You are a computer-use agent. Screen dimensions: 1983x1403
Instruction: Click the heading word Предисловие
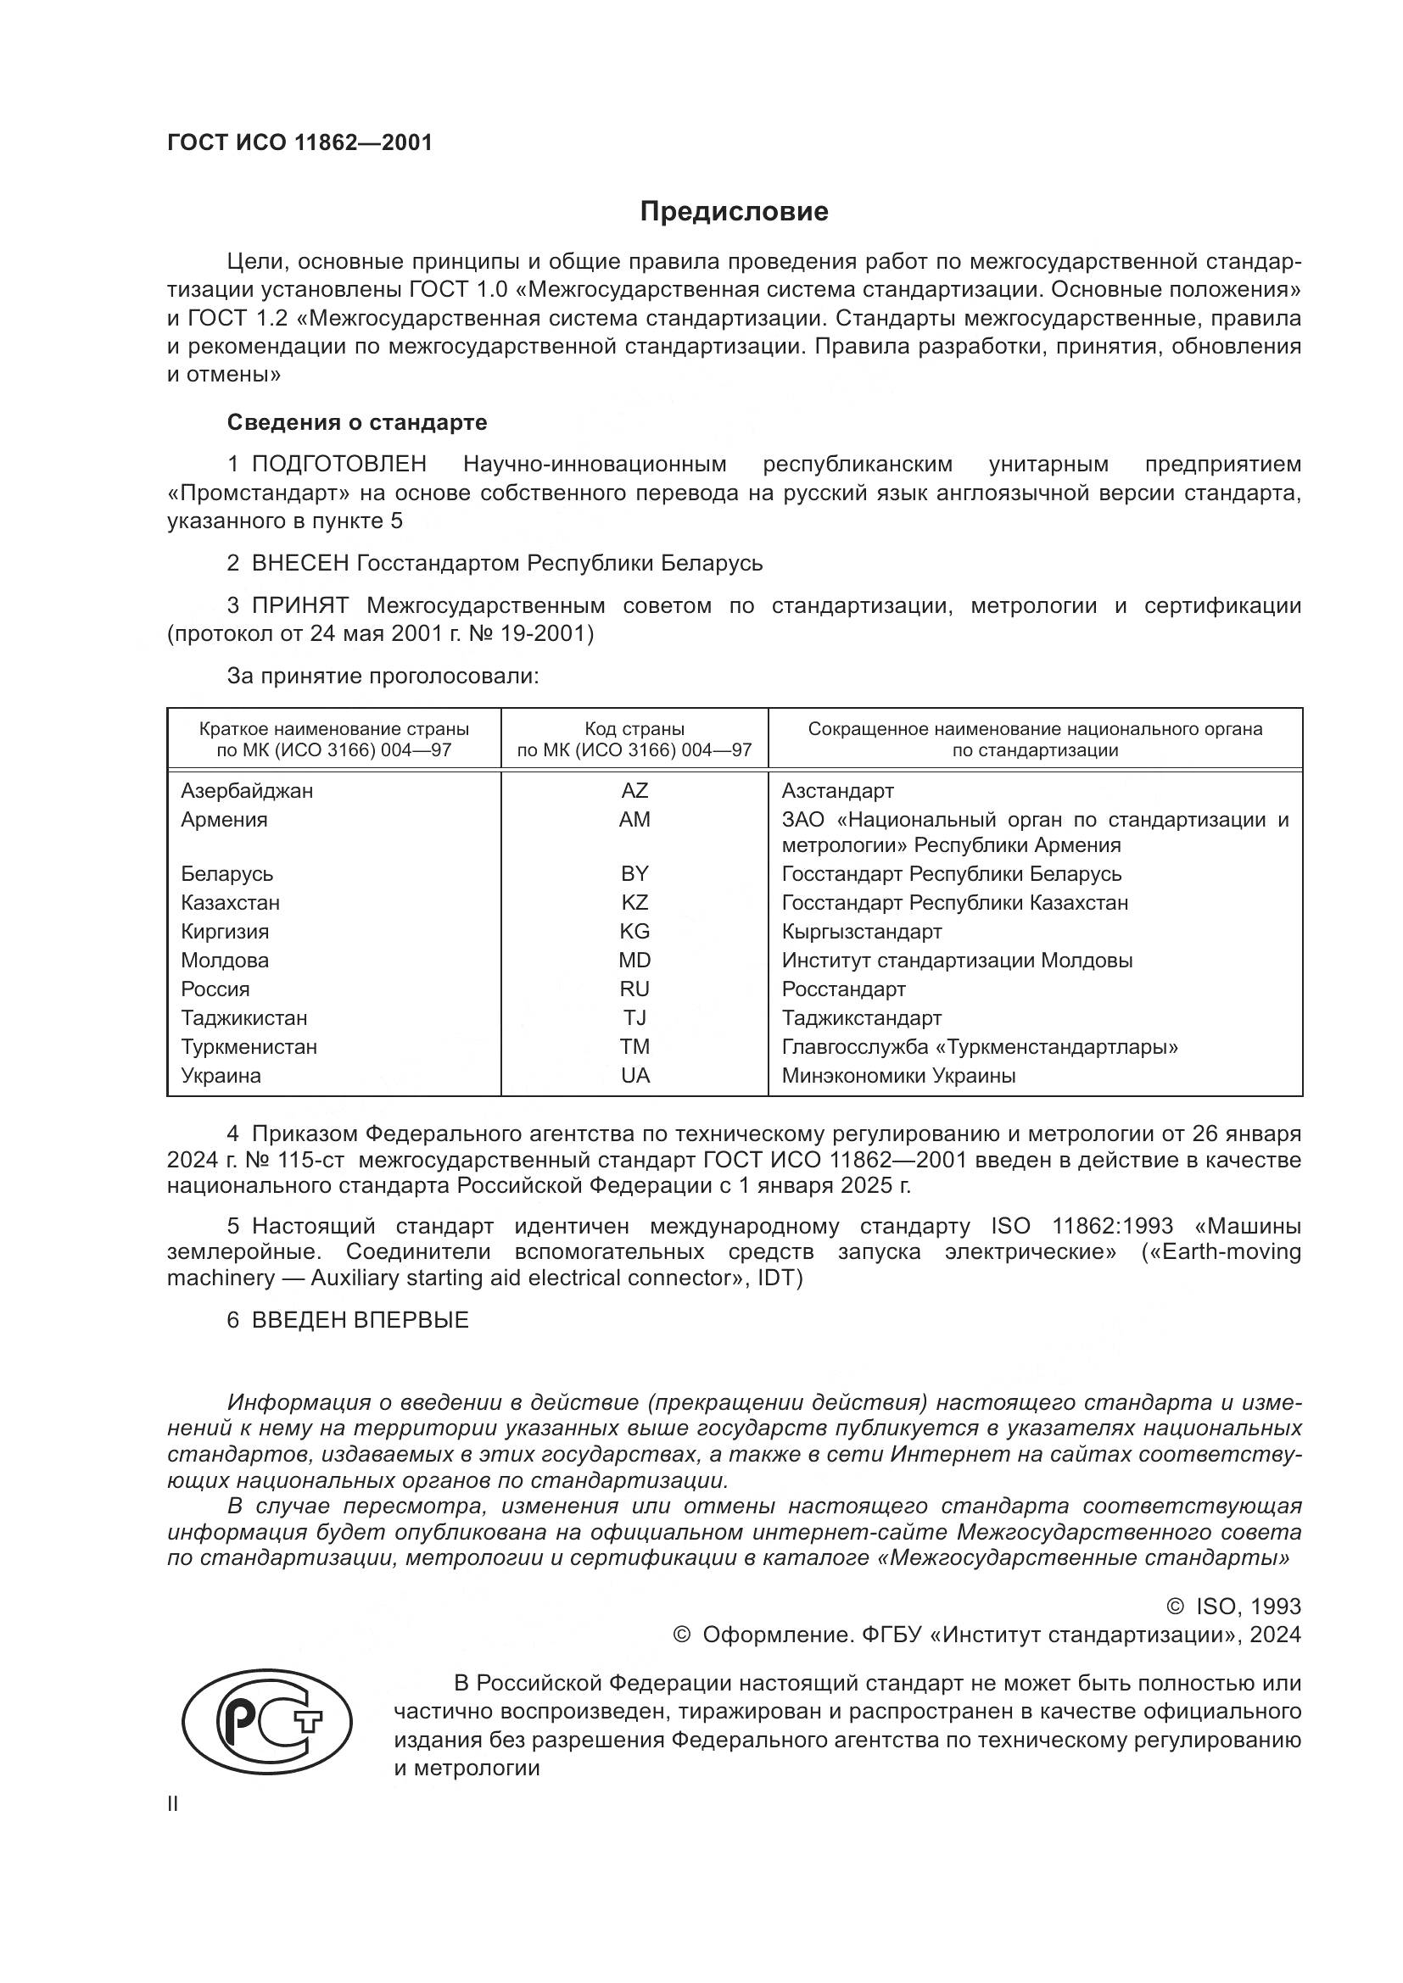tap(734, 212)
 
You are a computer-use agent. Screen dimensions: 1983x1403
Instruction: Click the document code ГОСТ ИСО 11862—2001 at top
tap(299, 142)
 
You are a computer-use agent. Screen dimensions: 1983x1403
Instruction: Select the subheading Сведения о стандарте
tap(357, 422)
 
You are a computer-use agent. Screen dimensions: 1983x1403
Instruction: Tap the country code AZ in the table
tap(634, 790)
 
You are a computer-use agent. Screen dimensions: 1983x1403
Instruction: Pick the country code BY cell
tap(634, 873)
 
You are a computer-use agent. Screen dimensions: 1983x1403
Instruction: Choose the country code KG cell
tap(634, 931)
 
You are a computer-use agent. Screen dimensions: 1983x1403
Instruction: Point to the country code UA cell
tap(634, 1075)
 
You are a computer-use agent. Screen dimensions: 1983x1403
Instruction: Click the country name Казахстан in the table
tap(230, 903)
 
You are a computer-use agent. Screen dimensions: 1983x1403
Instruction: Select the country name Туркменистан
tap(249, 1047)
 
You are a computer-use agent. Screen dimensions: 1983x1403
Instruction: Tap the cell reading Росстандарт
tap(843, 989)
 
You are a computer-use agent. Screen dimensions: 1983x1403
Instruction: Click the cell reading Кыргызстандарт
tap(861, 931)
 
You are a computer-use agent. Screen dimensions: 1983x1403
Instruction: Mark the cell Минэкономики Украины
tap(898, 1075)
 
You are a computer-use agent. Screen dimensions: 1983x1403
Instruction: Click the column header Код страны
tap(634, 729)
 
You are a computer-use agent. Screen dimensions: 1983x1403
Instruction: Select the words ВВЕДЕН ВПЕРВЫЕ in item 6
tap(360, 1320)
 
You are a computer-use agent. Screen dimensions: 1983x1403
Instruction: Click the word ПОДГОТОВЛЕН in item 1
tap(338, 464)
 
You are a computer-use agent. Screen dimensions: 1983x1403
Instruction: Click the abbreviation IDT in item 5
tap(780, 1278)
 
